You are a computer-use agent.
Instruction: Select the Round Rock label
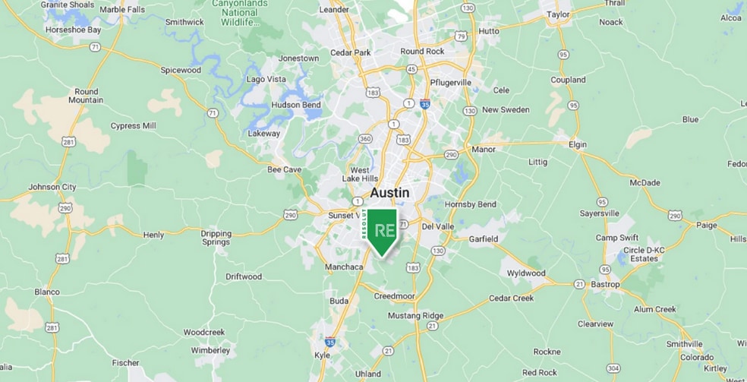tap(422, 52)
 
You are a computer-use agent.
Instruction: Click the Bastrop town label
tap(605, 285)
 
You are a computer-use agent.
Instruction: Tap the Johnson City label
tap(52, 187)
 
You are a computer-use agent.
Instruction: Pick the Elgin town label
tap(579, 144)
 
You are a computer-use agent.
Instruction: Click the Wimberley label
tap(210, 351)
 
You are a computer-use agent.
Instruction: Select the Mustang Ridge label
tap(415, 315)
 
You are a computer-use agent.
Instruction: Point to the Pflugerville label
tap(451, 82)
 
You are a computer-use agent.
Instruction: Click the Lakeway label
tap(264, 134)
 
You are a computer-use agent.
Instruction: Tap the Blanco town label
tap(47, 292)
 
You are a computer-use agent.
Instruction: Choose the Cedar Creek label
tap(512, 298)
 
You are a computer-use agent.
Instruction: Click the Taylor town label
tap(558, 14)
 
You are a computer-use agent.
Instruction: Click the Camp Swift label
tap(617, 238)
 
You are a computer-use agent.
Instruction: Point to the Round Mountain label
tap(84, 96)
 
